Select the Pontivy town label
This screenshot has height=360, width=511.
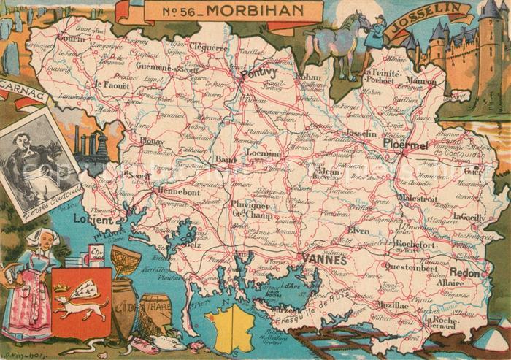tap(259, 73)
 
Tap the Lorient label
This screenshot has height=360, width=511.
tap(94, 219)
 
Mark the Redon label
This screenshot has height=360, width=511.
tap(465, 272)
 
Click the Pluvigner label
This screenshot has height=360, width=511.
tap(252, 205)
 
